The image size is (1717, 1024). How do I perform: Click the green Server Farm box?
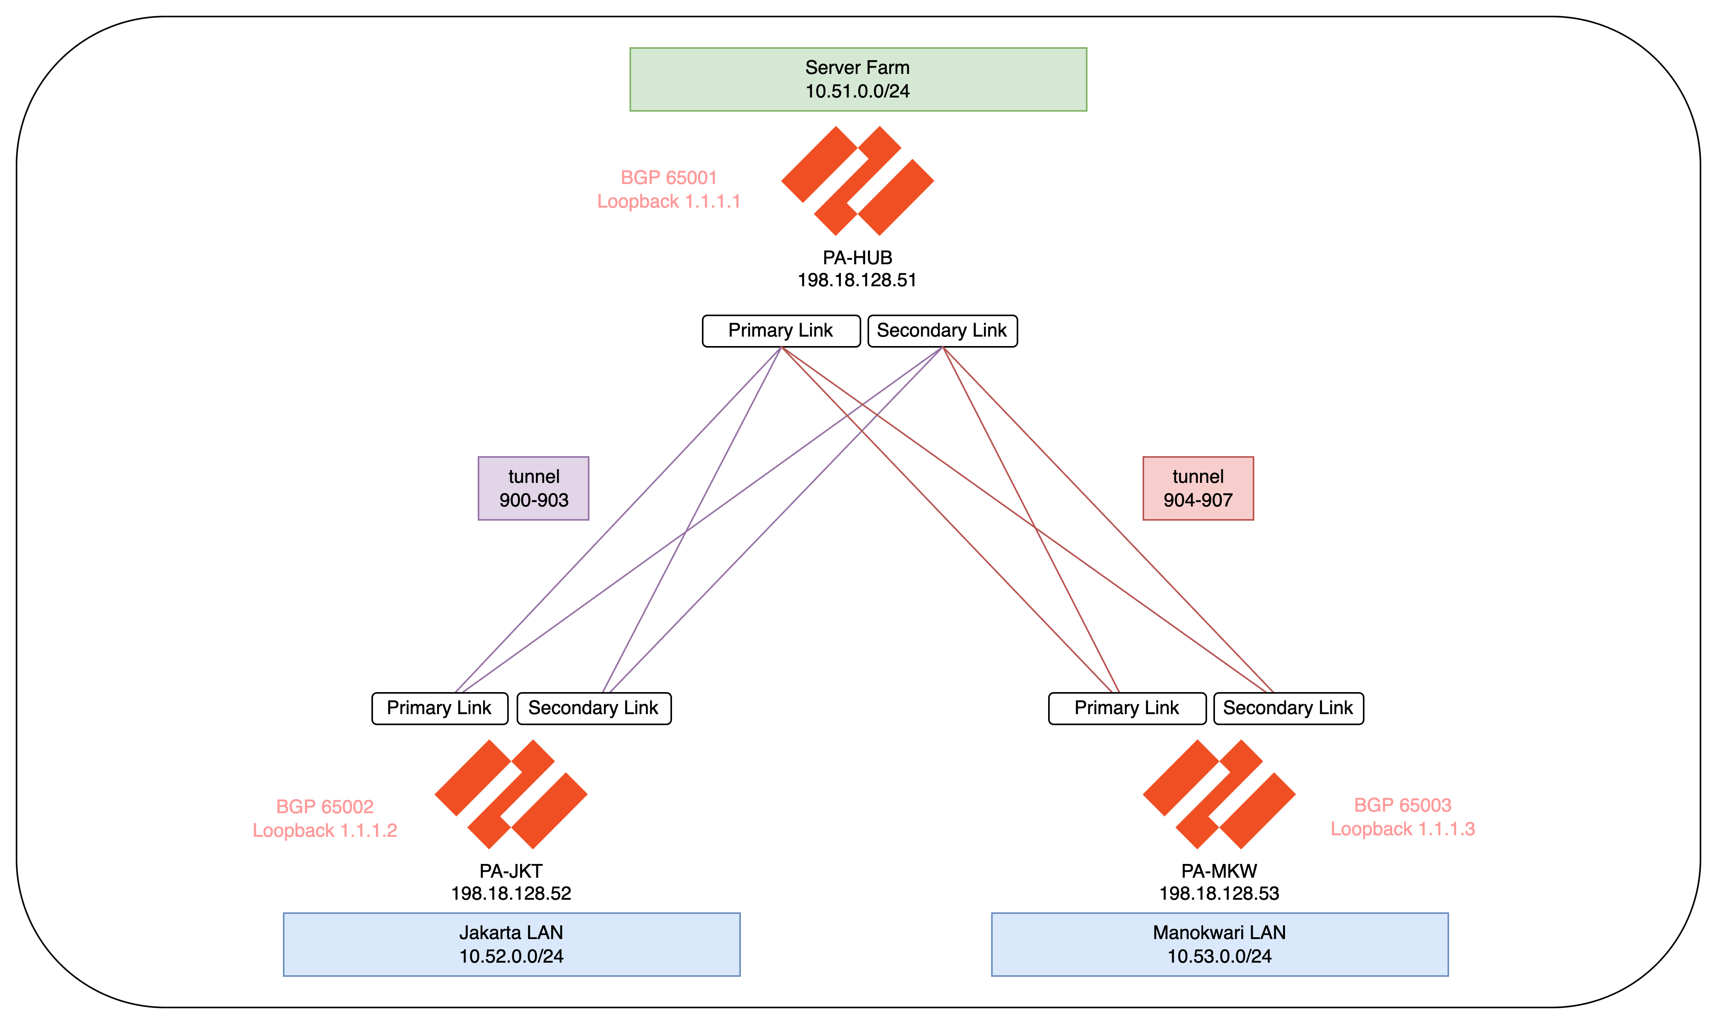click(858, 79)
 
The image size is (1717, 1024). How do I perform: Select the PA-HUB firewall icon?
click(857, 181)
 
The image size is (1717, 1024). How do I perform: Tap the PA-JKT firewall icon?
click(511, 794)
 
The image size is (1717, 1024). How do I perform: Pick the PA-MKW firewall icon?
click(1219, 794)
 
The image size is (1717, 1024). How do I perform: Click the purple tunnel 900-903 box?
click(534, 488)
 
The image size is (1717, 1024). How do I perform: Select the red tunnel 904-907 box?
click(1198, 488)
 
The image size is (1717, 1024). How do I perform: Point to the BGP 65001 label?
click(669, 178)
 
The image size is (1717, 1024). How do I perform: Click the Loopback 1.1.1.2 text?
click(325, 830)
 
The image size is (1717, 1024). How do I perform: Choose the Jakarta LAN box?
click(511, 944)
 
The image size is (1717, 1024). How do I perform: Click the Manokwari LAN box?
click(1219, 944)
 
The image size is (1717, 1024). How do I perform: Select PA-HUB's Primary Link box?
click(781, 331)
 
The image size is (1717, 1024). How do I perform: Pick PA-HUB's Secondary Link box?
click(942, 331)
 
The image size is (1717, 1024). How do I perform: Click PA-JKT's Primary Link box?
click(440, 708)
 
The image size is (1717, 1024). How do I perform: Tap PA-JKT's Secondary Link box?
click(594, 708)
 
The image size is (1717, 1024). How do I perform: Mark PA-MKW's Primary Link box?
click(1127, 708)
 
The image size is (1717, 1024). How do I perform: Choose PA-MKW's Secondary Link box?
click(1288, 708)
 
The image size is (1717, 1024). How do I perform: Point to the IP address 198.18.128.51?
click(857, 280)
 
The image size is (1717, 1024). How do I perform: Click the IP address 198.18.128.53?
click(1219, 893)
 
